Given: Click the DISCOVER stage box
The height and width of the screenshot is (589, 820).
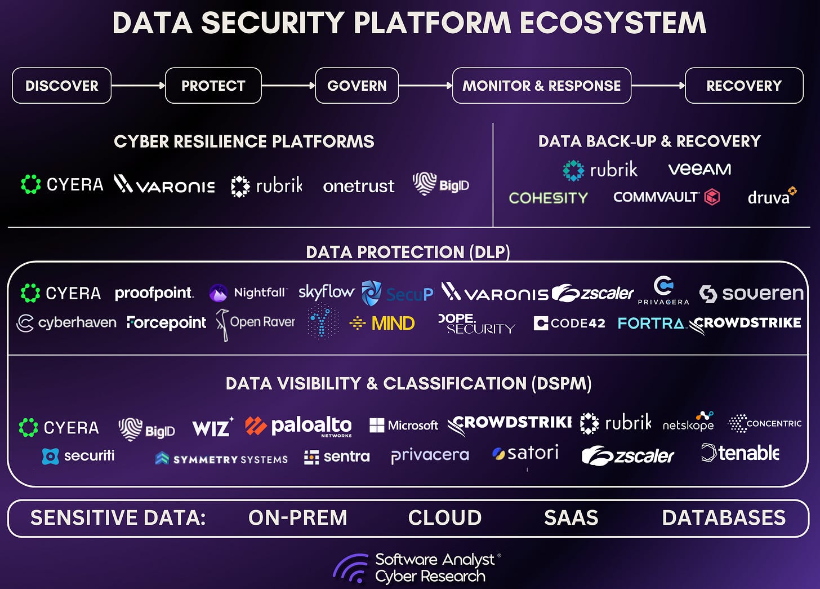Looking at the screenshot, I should click(x=61, y=86).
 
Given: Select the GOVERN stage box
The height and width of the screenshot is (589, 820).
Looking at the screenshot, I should click(x=356, y=86).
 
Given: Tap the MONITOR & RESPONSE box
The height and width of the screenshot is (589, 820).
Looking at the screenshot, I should click(x=541, y=86).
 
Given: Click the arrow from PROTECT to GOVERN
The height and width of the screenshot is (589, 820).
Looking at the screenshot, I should click(x=288, y=86).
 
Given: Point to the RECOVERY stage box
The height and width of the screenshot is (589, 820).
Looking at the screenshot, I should click(x=743, y=86).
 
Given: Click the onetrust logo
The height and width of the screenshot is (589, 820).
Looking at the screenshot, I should click(x=358, y=186).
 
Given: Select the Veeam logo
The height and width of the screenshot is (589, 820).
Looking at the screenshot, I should click(x=699, y=169).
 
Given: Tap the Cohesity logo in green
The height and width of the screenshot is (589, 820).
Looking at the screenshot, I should click(x=548, y=198).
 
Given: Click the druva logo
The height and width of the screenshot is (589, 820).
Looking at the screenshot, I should click(x=771, y=197).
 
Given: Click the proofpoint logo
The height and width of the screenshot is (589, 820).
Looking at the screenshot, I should click(x=154, y=293).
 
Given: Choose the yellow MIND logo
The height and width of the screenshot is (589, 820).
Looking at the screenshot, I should click(x=382, y=324).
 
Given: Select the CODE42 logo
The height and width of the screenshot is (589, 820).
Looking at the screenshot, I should click(x=569, y=324).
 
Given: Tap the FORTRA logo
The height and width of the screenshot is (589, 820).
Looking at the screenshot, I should click(x=650, y=324).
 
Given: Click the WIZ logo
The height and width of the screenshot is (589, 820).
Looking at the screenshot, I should click(x=212, y=428).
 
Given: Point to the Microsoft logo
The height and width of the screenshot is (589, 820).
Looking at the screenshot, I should click(x=403, y=426).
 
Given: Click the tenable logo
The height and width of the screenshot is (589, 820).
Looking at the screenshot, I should click(x=740, y=453).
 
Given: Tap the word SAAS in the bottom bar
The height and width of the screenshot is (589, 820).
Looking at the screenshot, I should click(x=571, y=518).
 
